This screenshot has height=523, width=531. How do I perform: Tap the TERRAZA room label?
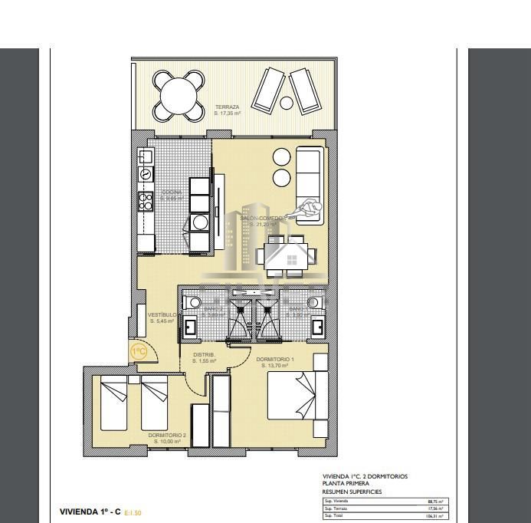pyautogui.click(x=228, y=107)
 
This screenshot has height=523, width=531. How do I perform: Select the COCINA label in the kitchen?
pyautogui.click(x=172, y=192)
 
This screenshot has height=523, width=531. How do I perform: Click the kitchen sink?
pyautogui.click(x=145, y=175)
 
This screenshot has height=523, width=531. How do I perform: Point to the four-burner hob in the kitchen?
pyautogui.click(x=145, y=201)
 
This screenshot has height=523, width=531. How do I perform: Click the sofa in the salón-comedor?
pyautogui.click(x=310, y=183)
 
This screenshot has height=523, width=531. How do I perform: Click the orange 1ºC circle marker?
pyautogui.click(x=139, y=352)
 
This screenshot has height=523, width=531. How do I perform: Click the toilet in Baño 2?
pyautogui.click(x=192, y=302)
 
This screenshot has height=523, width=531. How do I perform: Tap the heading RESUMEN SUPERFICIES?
pyautogui.click(x=352, y=492)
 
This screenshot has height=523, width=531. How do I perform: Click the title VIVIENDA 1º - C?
pyautogui.click(x=90, y=511)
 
